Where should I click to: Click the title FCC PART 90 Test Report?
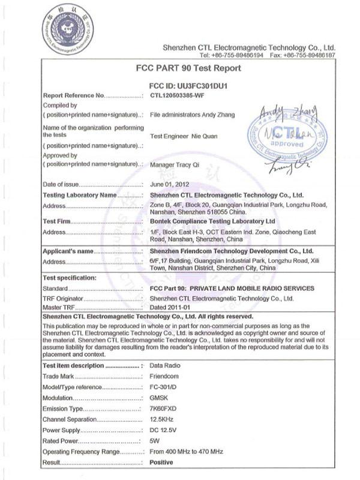[188, 69]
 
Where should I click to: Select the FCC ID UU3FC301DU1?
[188, 86]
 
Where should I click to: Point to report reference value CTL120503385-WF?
[181, 95]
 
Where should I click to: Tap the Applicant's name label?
[69, 251]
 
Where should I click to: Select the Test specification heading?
[70, 278]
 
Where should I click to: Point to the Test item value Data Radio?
[164, 365]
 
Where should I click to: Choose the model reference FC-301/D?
[163, 388]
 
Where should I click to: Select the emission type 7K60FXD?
[163, 409]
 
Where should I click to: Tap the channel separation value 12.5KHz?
[162, 419]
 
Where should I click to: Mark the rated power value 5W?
[154, 440]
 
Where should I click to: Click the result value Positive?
[161, 462]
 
